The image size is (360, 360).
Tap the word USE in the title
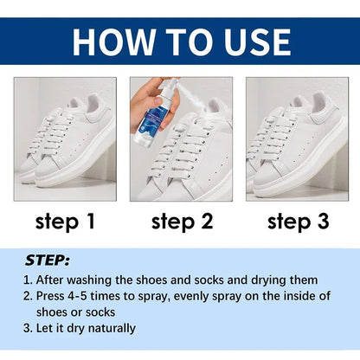click(x=252, y=41)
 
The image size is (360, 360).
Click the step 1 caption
click(x=65, y=222)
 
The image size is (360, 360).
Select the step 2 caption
click(x=181, y=222)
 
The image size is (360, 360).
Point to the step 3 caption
click(x=297, y=222)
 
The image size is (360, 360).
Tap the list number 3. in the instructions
click(x=29, y=328)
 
